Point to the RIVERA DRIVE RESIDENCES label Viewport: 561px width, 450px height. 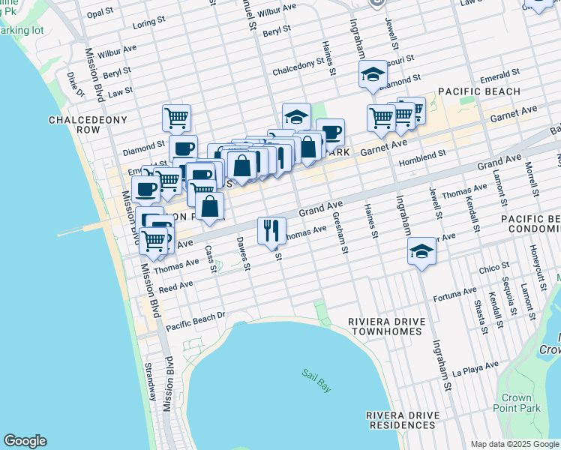[x=400, y=420]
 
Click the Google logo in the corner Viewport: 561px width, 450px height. [x=25, y=441]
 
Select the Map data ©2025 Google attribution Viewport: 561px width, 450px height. [x=514, y=444]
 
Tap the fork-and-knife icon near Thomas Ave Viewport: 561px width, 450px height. [x=271, y=230]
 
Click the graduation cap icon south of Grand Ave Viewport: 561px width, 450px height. [x=422, y=251]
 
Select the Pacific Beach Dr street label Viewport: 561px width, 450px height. [x=196, y=321]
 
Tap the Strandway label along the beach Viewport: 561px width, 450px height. [x=151, y=382]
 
